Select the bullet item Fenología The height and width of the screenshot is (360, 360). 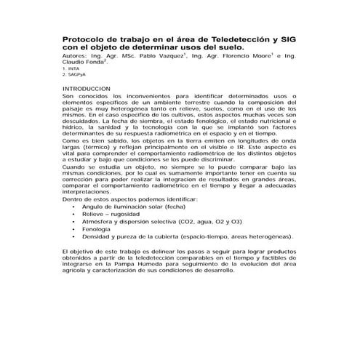pos(99,228)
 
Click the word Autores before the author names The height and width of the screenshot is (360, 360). pos(76,55)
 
